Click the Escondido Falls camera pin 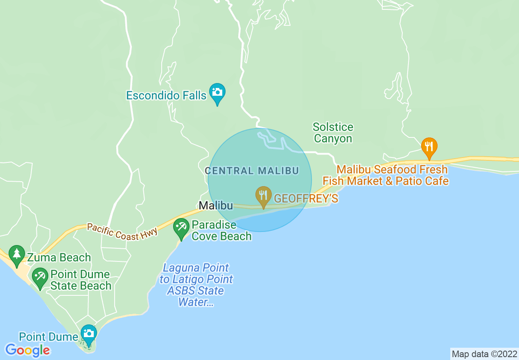(217, 92)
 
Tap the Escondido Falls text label (166, 95)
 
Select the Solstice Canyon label (333, 133)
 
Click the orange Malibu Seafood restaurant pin (429, 147)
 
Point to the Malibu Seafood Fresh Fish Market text (386, 175)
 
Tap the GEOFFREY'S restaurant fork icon (264, 196)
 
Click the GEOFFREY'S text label (306, 198)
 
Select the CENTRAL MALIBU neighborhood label (252, 171)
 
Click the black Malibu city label (216, 206)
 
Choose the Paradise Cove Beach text (221, 230)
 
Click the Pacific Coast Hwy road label (122, 231)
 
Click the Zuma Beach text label (59, 257)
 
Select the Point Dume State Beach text (80, 280)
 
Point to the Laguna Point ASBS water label (196, 285)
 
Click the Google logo (27, 350)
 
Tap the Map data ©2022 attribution (484, 354)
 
